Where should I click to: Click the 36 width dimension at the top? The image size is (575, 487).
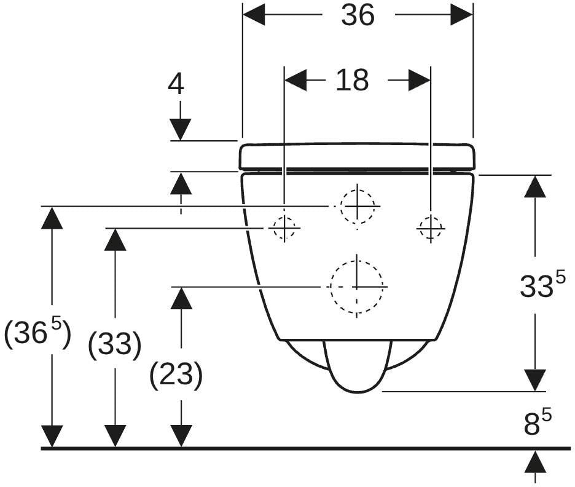[358, 15]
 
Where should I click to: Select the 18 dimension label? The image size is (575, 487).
[352, 81]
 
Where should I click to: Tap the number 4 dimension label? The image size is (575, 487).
[176, 84]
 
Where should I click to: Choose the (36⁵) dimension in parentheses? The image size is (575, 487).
[37, 333]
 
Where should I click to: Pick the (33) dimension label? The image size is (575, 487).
[115, 345]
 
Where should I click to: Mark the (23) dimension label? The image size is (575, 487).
[176, 374]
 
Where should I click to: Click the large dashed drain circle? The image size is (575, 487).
[357, 287]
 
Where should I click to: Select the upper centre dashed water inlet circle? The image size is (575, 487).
[358, 206]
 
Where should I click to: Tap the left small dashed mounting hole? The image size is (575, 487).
[284, 228]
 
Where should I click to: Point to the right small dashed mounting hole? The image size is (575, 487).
[431, 228]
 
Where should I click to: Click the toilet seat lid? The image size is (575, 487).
[358, 157]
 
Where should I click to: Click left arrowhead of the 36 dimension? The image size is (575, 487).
[254, 15]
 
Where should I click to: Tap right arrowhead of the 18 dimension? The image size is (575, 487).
[420, 80]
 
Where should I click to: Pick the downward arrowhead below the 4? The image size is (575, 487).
[181, 130]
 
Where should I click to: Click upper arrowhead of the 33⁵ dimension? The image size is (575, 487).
[535, 187]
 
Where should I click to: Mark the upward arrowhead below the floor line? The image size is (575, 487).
[535, 462]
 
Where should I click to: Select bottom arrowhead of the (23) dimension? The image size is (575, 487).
[181, 437]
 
